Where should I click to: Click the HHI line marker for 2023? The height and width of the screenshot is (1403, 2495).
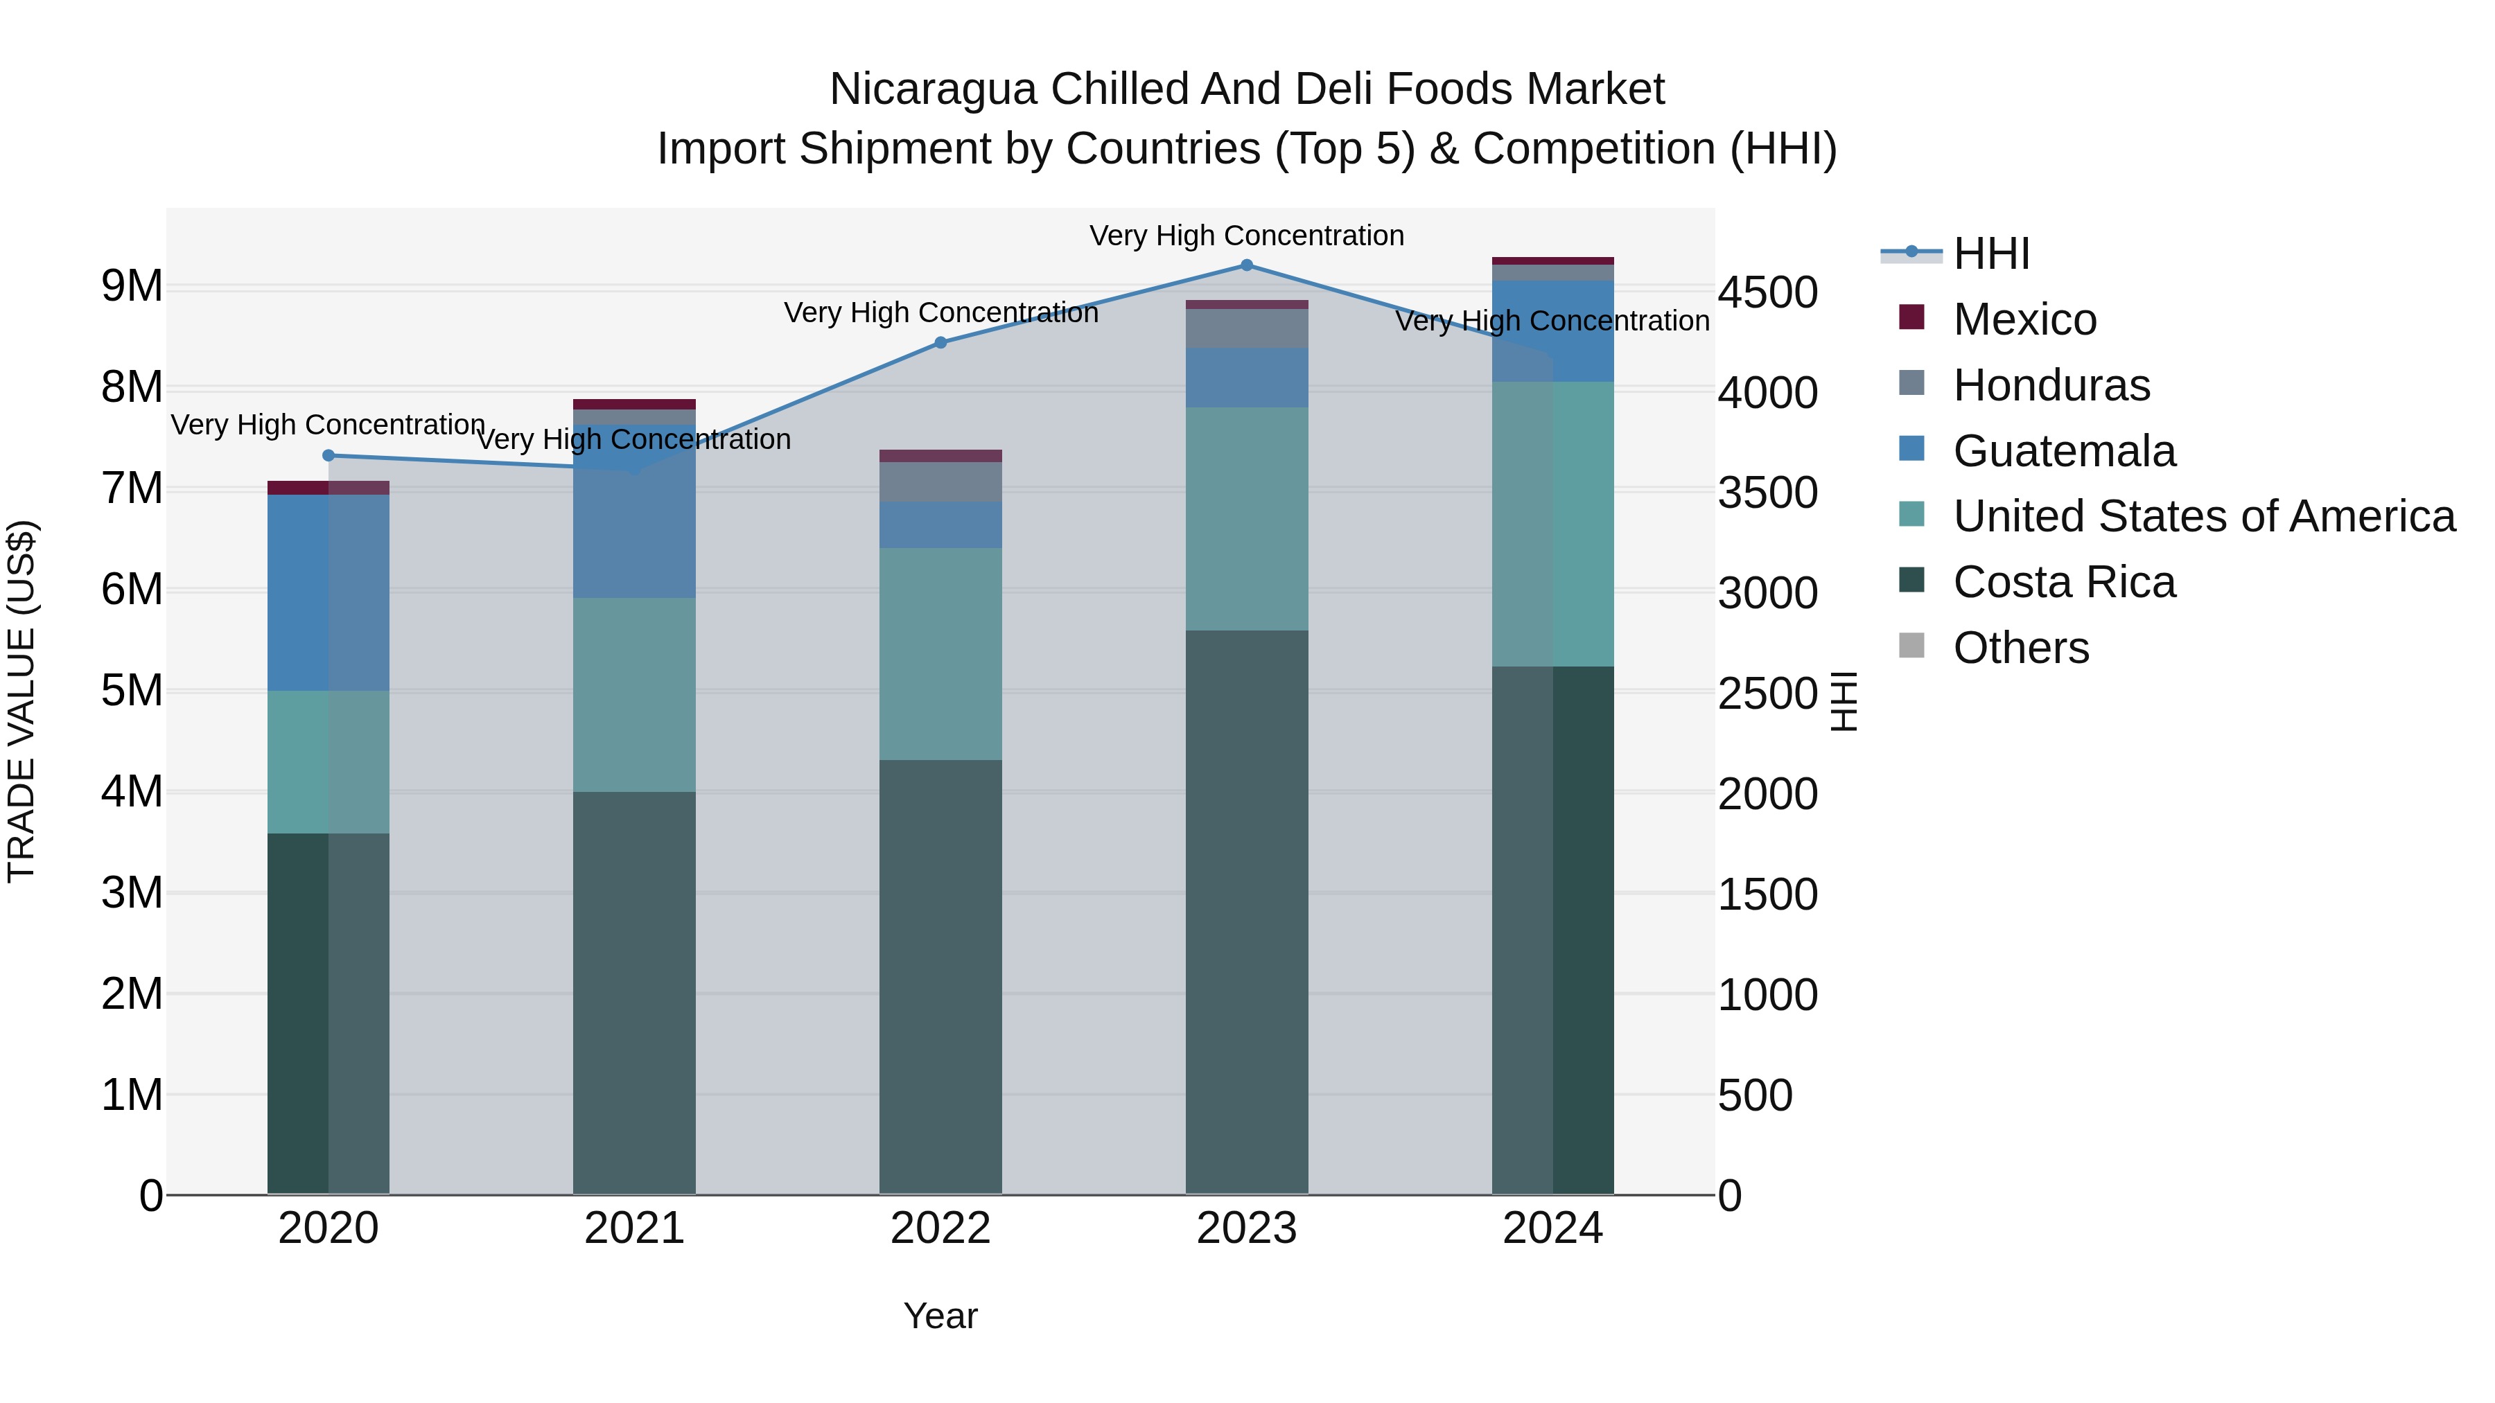tap(1247, 265)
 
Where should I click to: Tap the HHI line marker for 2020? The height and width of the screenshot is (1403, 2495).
tap(329, 455)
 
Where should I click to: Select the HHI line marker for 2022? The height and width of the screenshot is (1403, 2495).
tap(940, 342)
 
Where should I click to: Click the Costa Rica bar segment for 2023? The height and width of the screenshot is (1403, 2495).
tap(1247, 910)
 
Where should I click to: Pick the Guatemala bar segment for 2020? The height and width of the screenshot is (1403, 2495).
tap(329, 592)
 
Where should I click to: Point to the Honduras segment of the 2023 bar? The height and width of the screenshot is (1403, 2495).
tap(1247, 328)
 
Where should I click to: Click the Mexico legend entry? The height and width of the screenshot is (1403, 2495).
tap(2024, 319)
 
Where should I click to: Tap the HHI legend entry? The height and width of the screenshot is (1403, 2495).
tap(1990, 254)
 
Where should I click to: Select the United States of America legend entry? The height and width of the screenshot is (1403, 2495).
tap(2203, 516)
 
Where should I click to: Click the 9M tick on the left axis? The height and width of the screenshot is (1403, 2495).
tap(132, 287)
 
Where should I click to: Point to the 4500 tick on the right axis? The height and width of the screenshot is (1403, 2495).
tap(1767, 292)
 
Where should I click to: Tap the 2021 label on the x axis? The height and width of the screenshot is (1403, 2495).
tap(634, 1228)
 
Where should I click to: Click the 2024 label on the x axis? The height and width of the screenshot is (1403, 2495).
tap(1552, 1228)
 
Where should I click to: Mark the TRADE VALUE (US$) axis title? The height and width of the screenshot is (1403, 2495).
tap(21, 701)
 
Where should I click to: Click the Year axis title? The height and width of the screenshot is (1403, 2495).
tap(940, 1316)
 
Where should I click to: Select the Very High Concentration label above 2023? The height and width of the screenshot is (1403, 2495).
tap(1247, 236)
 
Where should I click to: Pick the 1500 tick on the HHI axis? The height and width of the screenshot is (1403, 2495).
tap(1767, 894)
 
